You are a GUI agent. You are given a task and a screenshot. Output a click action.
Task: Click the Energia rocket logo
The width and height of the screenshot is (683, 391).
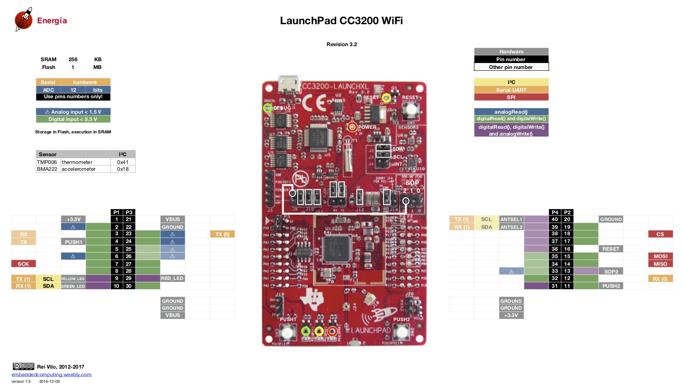point(23,19)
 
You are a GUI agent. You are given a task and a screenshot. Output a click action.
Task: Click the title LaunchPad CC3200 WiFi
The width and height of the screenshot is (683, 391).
point(341,21)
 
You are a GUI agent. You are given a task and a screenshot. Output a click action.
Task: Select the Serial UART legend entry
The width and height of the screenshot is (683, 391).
point(511,90)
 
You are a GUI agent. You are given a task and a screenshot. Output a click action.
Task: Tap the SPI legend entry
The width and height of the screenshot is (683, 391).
point(511,97)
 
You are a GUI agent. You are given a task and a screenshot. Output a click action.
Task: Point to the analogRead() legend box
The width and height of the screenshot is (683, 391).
point(511,112)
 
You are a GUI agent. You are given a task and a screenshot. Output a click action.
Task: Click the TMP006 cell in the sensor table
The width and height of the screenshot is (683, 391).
point(47,162)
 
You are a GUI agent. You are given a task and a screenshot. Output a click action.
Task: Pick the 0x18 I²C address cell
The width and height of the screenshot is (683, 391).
point(123,169)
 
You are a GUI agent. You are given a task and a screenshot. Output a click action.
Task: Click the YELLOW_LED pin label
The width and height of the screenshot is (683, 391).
point(73,279)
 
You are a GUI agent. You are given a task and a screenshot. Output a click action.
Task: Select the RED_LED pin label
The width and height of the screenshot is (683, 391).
point(172,278)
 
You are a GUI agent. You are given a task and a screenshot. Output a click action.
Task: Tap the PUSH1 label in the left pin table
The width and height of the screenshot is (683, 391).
point(73,242)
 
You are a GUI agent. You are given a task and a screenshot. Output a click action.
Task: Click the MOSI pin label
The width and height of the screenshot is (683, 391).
point(660,256)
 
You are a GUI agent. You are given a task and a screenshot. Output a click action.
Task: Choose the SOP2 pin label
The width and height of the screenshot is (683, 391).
point(611,271)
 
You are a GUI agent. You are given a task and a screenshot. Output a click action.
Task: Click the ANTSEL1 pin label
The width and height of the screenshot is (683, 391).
point(511,219)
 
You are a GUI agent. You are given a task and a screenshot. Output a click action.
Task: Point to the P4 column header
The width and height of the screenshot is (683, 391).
point(554,212)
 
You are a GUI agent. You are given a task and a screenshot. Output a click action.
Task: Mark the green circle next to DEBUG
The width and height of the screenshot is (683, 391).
point(268,108)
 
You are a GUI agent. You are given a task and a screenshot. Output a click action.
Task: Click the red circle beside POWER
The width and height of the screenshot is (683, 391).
point(352,127)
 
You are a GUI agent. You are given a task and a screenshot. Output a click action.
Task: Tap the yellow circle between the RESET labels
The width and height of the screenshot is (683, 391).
point(386,97)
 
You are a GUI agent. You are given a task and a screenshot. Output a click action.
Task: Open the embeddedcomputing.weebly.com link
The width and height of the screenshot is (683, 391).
point(51,375)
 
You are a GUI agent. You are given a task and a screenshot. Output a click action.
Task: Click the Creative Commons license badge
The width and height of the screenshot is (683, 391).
point(23,366)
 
